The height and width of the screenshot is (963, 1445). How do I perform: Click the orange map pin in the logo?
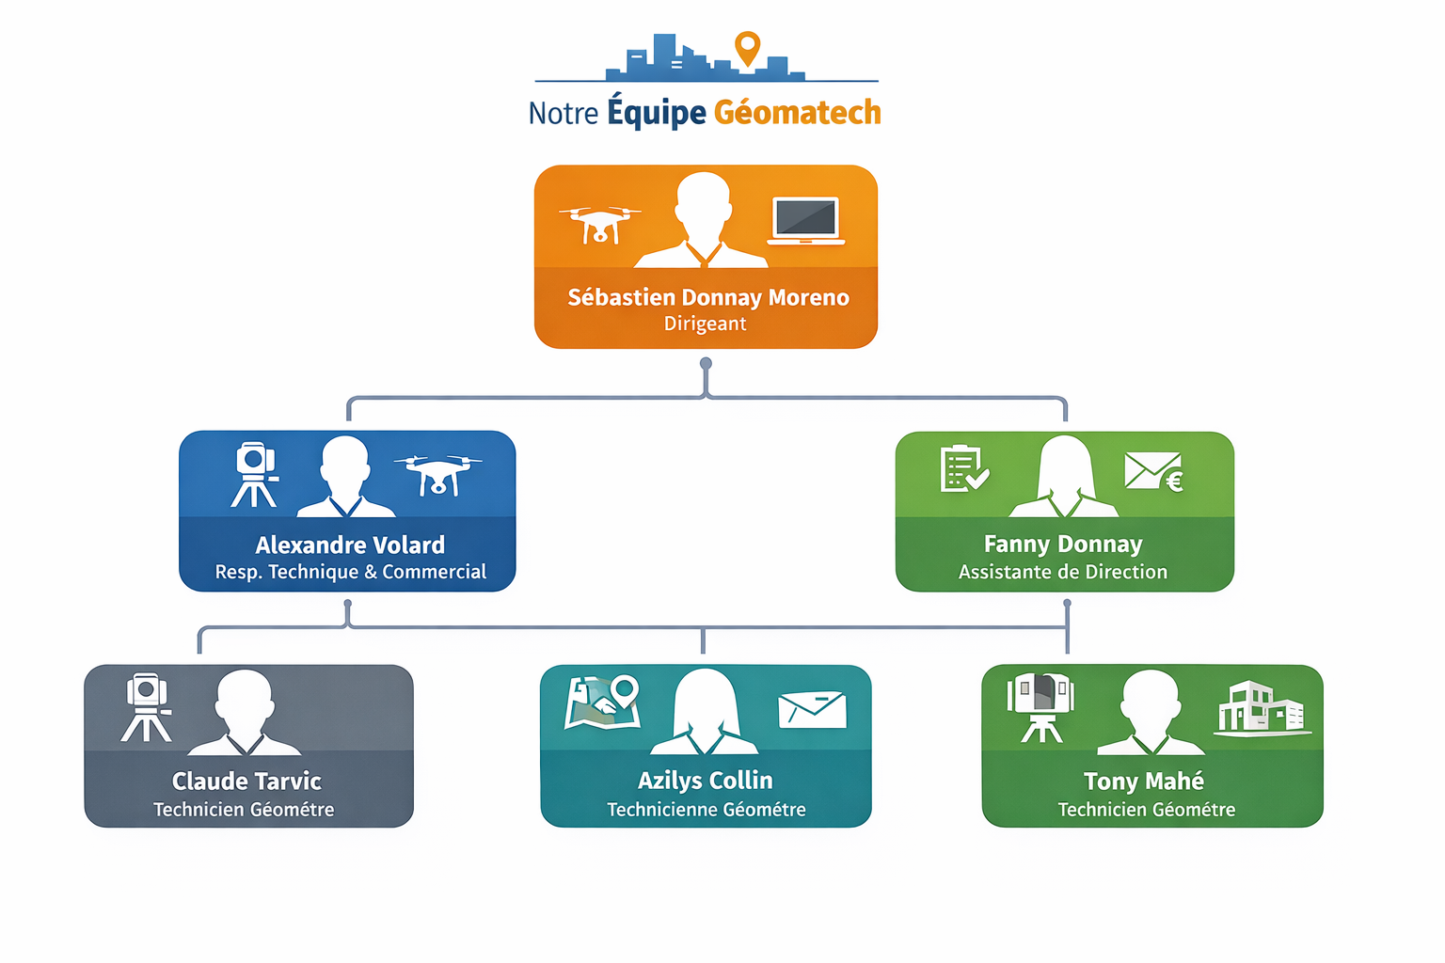pos(747,47)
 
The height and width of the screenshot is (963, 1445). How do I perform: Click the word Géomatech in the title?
pos(797,113)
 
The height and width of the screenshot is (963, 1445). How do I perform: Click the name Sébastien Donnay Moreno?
pos(707,298)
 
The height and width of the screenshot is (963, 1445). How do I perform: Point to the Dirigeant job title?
pos(705,324)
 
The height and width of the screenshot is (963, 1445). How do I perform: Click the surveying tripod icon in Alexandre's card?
pos(255,474)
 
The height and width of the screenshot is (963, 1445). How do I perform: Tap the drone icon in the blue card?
pos(437,473)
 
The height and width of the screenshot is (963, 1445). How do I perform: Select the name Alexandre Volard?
pos(350,545)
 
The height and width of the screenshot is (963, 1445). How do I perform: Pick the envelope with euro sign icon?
pos(1154,471)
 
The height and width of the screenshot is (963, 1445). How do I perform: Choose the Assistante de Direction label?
pos(1063,572)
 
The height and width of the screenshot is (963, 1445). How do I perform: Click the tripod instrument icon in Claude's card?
pos(147,707)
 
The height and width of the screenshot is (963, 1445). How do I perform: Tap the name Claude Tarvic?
pos(246,781)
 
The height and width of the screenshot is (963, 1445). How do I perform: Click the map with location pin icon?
pos(603,703)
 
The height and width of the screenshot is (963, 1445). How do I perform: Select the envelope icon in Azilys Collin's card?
pos(813,710)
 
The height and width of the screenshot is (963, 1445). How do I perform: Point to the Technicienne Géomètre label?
pos(707,810)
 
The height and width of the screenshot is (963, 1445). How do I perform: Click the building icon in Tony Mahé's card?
pos(1261,707)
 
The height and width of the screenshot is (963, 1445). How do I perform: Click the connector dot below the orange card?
pos(706,363)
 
